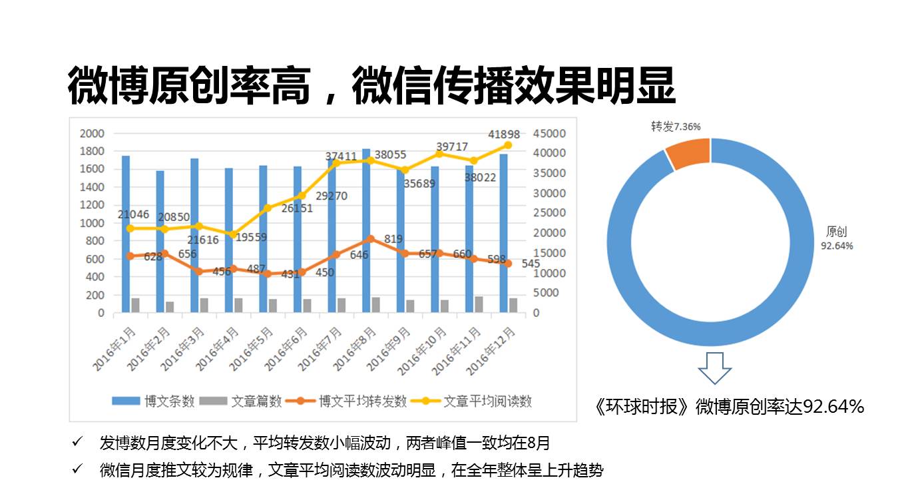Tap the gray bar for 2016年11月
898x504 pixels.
(x=479, y=304)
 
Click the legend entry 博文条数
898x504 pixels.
(x=154, y=401)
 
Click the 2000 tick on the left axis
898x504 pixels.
(x=92, y=134)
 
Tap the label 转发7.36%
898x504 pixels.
(x=675, y=126)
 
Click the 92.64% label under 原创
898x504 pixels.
(x=837, y=246)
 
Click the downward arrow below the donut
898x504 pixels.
(x=714, y=369)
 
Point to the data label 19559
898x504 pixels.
(x=254, y=237)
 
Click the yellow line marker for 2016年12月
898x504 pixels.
(x=507, y=145)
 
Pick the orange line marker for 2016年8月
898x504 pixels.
(x=371, y=239)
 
